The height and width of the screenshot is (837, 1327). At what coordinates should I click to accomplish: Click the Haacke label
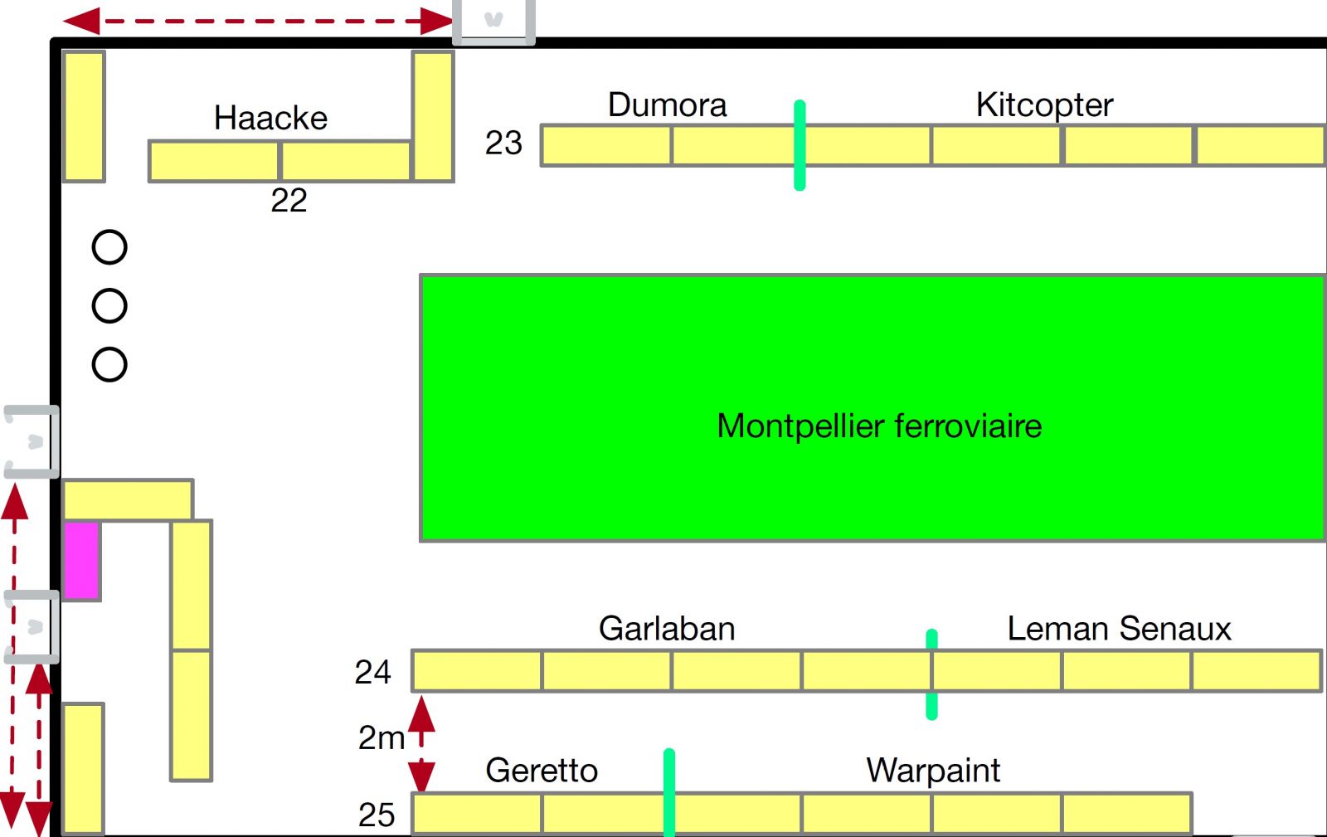click(x=270, y=118)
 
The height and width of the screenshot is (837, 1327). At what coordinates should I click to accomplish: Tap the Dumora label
click(x=667, y=105)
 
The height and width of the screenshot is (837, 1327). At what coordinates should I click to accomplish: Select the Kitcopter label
click(x=1044, y=105)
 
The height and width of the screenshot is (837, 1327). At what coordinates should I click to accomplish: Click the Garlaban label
click(x=667, y=629)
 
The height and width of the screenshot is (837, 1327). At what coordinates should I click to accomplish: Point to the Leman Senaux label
click(x=1119, y=629)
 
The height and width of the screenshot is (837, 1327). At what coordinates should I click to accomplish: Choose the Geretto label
click(x=542, y=771)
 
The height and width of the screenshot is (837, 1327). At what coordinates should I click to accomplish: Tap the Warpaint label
click(x=933, y=771)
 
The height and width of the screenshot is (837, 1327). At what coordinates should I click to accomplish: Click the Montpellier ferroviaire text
click(x=879, y=426)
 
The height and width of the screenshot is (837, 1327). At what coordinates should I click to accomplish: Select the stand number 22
click(x=289, y=201)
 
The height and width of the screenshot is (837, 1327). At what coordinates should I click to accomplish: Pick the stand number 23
click(x=503, y=143)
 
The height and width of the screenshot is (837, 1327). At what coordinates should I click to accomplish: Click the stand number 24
click(x=372, y=672)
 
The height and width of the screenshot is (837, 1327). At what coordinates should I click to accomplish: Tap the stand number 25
click(x=377, y=815)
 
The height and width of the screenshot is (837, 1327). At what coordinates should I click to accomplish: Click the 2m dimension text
click(x=381, y=737)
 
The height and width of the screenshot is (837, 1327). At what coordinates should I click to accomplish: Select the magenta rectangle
click(x=82, y=559)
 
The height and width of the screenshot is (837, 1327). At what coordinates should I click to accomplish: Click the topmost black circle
click(x=109, y=247)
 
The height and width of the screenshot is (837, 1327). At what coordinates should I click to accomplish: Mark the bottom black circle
click(x=109, y=365)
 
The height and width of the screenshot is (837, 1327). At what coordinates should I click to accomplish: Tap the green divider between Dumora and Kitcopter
click(x=800, y=145)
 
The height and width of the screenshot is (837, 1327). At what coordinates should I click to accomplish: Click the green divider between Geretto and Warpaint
click(x=669, y=792)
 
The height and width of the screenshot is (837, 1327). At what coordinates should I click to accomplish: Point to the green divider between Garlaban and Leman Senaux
click(x=931, y=674)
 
